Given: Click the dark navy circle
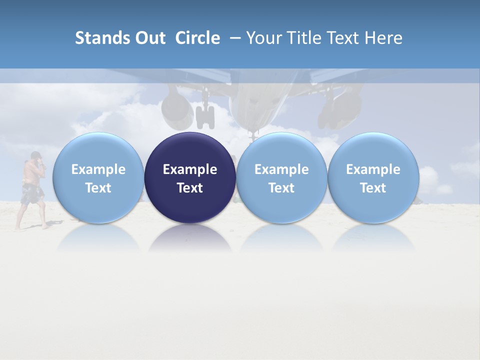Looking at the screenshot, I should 190,178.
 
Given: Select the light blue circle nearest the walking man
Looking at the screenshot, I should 98,178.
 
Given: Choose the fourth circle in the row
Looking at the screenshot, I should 373,178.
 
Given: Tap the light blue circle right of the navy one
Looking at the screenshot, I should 281,178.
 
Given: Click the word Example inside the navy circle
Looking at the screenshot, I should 190,169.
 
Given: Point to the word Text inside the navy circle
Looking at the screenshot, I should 190,188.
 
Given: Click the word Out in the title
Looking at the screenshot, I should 149,38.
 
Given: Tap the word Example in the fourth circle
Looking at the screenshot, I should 373,169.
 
